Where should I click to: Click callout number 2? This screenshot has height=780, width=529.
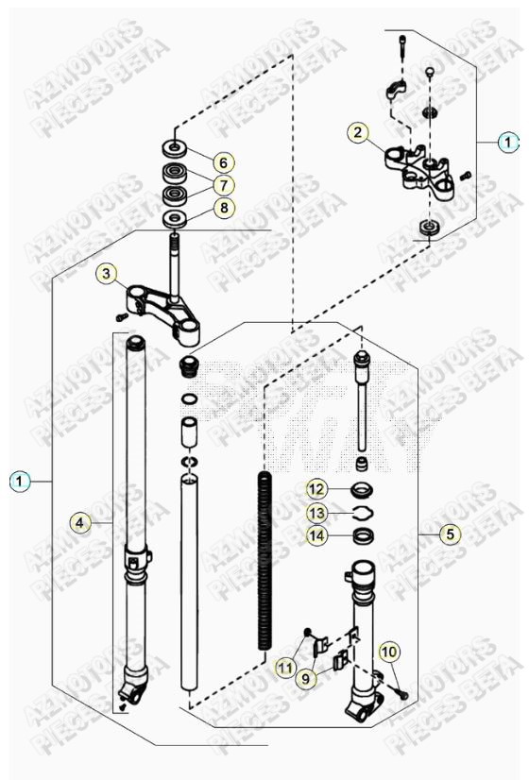point(356,132)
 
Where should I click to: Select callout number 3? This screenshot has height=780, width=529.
point(108,275)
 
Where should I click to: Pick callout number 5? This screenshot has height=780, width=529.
point(450,534)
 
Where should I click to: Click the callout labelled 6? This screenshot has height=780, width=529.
point(223,161)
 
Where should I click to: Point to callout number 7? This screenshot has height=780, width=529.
point(223,184)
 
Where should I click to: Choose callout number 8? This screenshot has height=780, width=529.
point(223,208)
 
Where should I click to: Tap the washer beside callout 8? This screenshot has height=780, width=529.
point(175,218)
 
